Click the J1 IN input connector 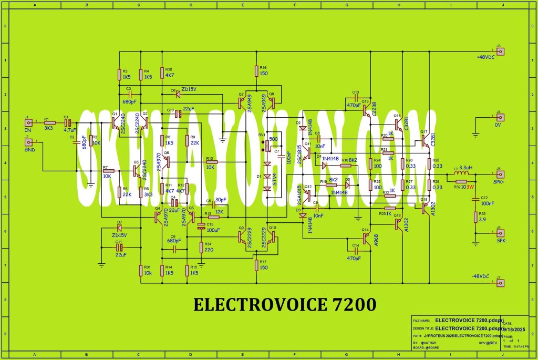pos(28,123)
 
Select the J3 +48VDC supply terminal pos(501,52)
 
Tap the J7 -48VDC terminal pos(501,283)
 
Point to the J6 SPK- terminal pos(501,233)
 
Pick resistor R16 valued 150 pos(256,69)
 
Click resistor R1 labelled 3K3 pos(49,123)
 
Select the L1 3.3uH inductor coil pos(459,174)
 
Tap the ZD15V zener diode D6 pos(177,95)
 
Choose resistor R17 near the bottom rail pos(256,265)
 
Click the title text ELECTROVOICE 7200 pos(285,305)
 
